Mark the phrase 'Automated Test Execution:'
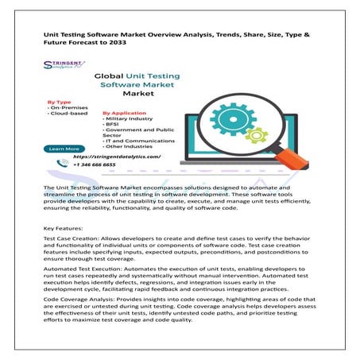point(79,273)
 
